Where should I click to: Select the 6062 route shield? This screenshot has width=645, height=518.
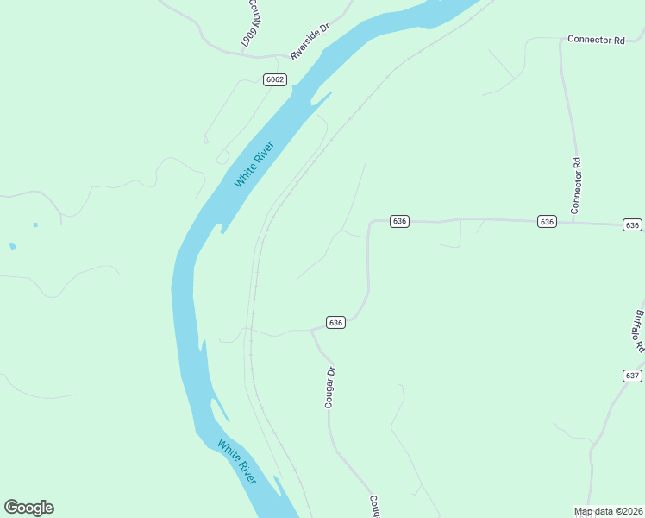pos(275,79)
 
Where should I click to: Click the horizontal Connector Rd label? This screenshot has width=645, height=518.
pos(596,40)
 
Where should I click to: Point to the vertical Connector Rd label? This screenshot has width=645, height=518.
pos(577,185)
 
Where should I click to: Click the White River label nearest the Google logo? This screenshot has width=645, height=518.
pos(237,462)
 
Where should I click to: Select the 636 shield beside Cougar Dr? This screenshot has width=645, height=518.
pos(336,322)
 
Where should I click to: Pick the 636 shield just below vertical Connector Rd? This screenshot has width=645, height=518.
pos(547,222)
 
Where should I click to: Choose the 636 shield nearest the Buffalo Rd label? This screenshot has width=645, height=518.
pos(633,224)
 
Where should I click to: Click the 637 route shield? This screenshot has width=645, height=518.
pos(632,376)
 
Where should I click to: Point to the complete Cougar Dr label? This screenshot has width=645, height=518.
pos(329,387)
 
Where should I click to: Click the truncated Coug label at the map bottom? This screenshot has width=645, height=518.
pos(375,506)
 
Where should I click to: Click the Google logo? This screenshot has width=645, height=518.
pos(28,508)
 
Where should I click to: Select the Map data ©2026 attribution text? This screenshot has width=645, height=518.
pos(608,511)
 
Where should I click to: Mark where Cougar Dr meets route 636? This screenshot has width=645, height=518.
pos(311,330)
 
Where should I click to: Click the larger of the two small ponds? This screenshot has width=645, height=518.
pos(12,246)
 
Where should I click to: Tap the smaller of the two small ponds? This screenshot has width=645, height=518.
pos(35,225)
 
